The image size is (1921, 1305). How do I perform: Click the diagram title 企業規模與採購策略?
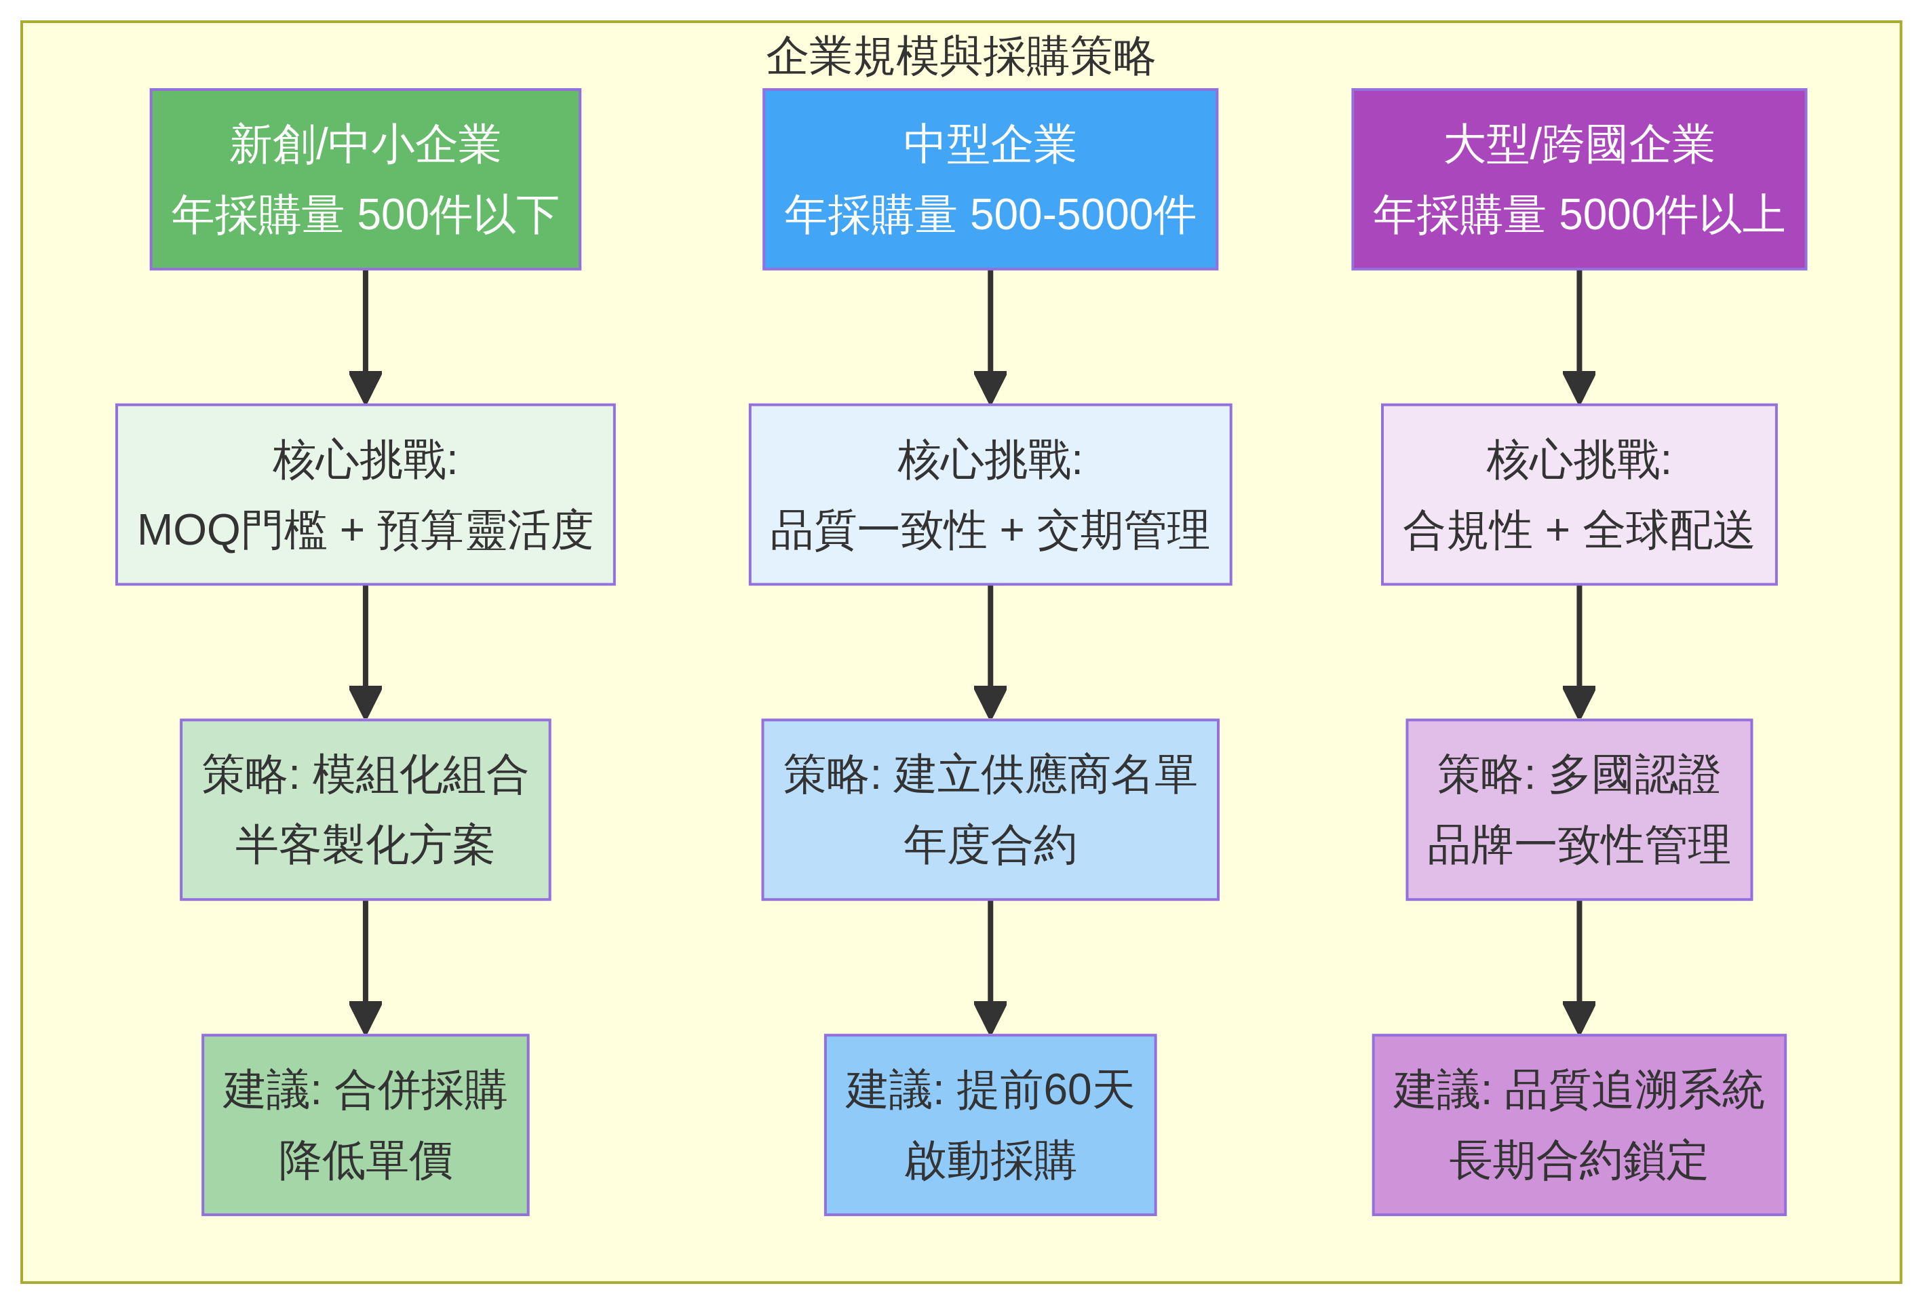960,56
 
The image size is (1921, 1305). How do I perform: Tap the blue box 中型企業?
990,178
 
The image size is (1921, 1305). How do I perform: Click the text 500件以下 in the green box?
457,215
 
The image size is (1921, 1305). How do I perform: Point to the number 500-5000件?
1082,215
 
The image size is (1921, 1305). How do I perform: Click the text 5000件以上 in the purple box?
1671,215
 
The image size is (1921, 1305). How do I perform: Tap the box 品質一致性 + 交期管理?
990,494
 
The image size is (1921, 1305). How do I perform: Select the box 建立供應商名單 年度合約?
990,809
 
